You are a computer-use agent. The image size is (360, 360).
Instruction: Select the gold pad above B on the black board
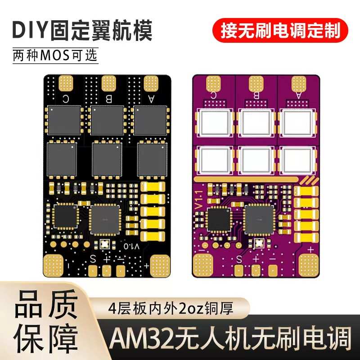[x=108, y=82]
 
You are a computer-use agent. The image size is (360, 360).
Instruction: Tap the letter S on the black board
[x=93, y=259]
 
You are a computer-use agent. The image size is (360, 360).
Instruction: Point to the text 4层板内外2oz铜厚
[x=179, y=309]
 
